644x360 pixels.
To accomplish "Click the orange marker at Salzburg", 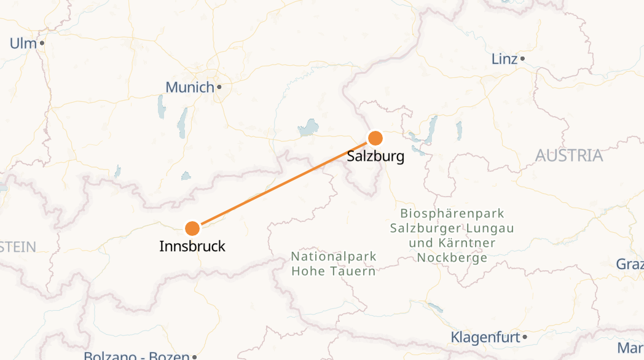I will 375,138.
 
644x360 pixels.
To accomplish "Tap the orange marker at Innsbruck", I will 192,229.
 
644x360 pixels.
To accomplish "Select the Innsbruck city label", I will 192,247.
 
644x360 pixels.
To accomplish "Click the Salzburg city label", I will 375,156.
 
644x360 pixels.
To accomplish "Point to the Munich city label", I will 190,87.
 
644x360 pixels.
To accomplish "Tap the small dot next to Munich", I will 219,87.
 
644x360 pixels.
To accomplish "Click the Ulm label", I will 23,43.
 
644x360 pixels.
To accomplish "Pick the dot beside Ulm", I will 42,43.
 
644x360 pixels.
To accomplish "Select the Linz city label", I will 505,59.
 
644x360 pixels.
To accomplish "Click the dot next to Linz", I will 522,59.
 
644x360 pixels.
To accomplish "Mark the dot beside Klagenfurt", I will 525,337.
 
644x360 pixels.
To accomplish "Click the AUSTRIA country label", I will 569,155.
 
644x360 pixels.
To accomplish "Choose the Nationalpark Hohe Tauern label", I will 334,264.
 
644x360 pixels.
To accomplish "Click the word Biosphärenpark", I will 452,214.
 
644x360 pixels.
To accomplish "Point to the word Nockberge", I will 452,258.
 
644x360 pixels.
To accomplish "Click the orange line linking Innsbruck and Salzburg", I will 283,183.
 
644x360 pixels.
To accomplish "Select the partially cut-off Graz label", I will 630,264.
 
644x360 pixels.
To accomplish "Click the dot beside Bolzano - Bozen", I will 194,357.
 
